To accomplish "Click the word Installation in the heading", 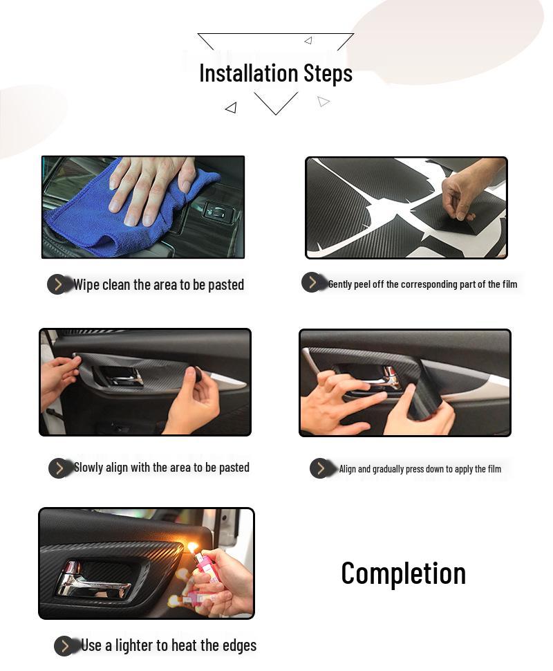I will click(x=239, y=73).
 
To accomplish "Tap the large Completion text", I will click(x=403, y=573).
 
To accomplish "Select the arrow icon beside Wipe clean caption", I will click(x=58, y=284).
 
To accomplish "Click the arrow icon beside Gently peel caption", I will click(x=312, y=282).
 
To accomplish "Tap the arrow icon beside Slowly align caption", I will click(x=59, y=468).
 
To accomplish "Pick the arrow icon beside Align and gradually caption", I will click(x=320, y=468).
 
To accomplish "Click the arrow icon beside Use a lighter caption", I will click(x=65, y=646).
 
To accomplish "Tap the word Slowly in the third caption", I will click(x=88, y=468).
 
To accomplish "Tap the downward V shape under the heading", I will click(x=276, y=103).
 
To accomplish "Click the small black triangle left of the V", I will click(x=231, y=107).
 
